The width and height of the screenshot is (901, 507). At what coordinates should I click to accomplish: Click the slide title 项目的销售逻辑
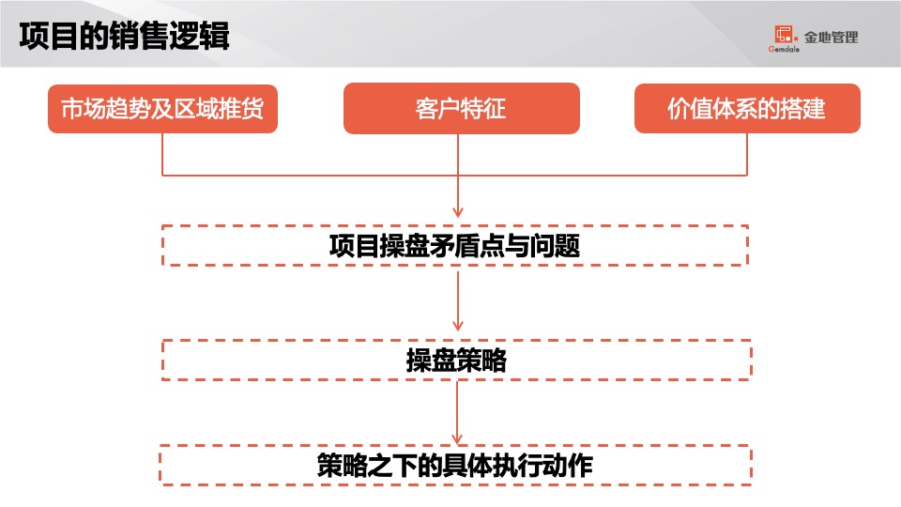[124, 38]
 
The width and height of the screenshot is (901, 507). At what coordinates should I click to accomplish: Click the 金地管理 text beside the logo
[831, 38]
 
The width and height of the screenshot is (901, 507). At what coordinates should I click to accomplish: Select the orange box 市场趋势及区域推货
[162, 109]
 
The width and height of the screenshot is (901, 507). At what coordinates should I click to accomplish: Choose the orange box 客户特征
[459, 109]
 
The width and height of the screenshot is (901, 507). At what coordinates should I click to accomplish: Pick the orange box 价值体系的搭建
[747, 109]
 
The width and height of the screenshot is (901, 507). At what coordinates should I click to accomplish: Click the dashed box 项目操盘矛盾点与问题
[455, 246]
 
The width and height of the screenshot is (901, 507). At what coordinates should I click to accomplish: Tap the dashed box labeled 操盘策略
[455, 361]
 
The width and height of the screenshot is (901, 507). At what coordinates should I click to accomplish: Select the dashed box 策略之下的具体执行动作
[455, 465]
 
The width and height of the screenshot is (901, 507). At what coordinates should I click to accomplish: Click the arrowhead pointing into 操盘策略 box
[458, 330]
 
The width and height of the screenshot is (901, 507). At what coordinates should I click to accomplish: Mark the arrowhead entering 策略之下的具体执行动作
[458, 437]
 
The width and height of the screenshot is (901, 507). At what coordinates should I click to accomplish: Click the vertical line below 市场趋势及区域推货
[162, 153]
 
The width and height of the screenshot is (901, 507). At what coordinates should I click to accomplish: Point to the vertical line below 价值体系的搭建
[748, 153]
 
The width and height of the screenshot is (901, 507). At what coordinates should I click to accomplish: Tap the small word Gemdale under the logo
[782, 51]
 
